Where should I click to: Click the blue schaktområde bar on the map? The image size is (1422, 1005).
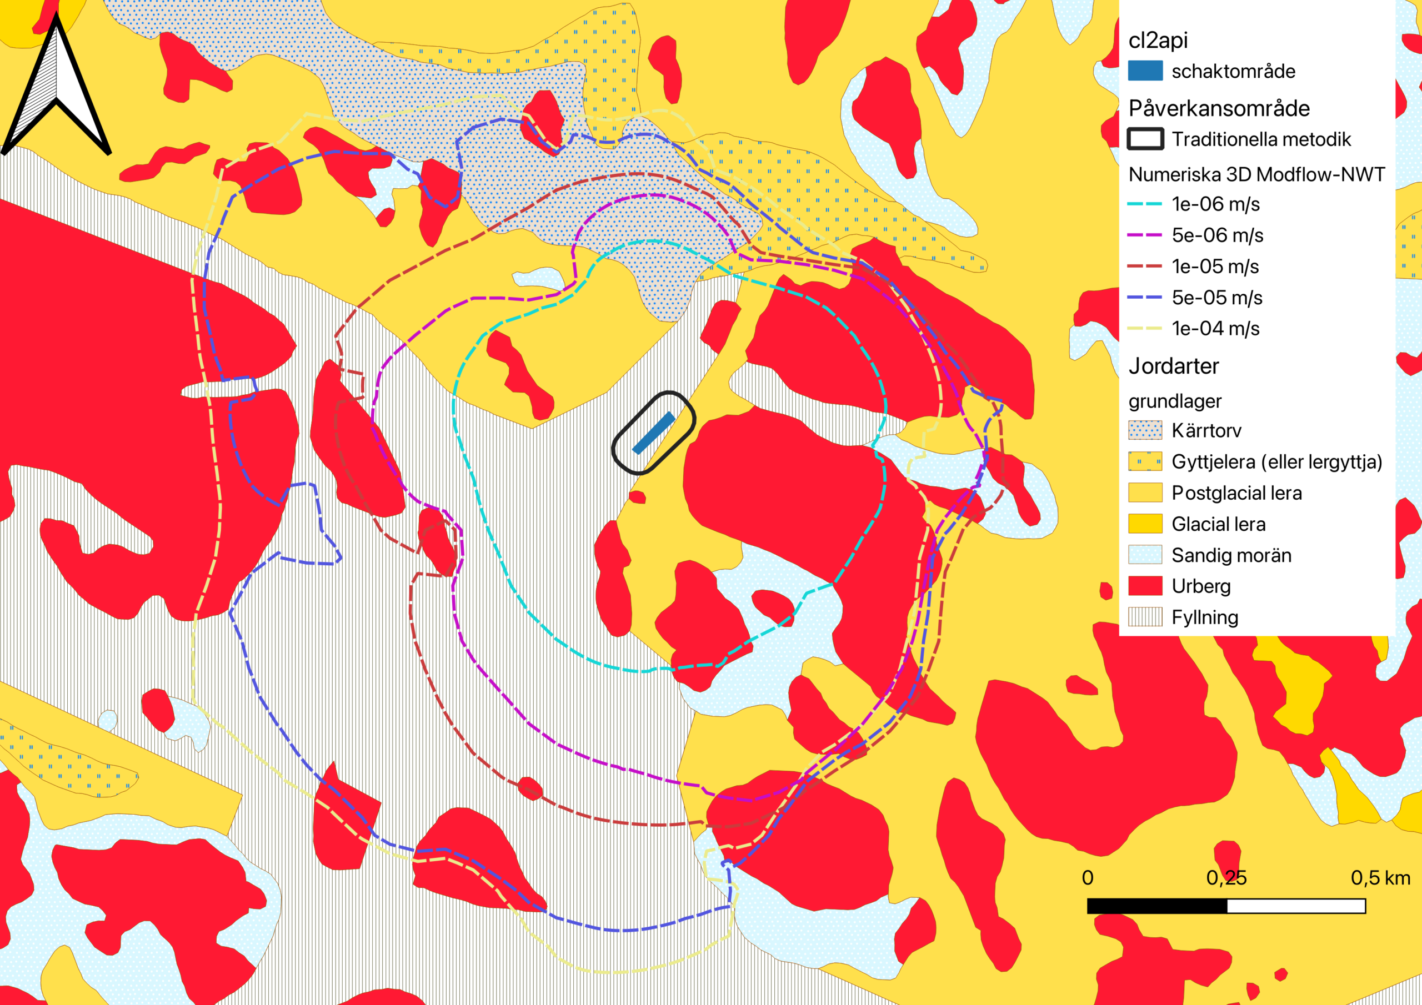(653, 433)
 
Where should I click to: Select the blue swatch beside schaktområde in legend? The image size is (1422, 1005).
(1144, 71)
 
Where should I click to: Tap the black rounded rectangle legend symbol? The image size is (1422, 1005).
(1144, 139)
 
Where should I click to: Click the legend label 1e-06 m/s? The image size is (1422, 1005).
(1215, 204)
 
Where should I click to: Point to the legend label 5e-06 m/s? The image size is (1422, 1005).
(1217, 235)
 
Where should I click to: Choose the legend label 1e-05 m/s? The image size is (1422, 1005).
(1215, 267)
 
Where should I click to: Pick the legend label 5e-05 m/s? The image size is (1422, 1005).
(1217, 297)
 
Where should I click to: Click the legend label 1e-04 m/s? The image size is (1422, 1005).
(1215, 328)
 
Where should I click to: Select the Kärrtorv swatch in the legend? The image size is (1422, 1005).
(1144, 430)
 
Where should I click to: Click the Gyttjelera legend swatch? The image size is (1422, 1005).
(1144, 461)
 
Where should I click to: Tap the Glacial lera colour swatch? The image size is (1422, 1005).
(1144, 524)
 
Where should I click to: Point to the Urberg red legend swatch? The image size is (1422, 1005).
(1144, 586)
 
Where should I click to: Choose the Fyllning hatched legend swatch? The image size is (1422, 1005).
(1144, 617)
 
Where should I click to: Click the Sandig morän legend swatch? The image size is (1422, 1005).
(1144, 555)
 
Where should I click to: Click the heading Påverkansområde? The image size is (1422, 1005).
(1219, 108)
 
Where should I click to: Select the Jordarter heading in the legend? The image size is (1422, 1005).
(1173, 366)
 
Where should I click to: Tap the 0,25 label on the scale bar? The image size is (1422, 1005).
(1226, 877)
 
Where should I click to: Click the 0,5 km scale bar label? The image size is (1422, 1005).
(1380, 877)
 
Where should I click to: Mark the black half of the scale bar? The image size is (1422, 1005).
(1157, 906)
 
